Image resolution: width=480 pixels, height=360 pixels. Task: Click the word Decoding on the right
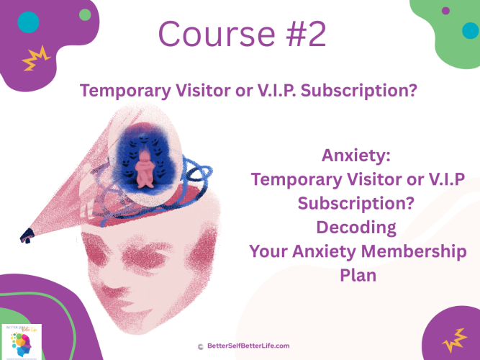[356, 227]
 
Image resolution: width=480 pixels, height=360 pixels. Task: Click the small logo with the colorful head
[21, 341]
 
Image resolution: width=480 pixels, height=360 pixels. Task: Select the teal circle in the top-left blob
[28, 23]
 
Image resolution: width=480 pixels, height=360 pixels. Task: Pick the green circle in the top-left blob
[86, 14]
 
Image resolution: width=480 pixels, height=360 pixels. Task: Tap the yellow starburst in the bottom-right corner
[455, 336]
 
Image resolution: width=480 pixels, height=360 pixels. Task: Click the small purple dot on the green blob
[445, 11]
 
